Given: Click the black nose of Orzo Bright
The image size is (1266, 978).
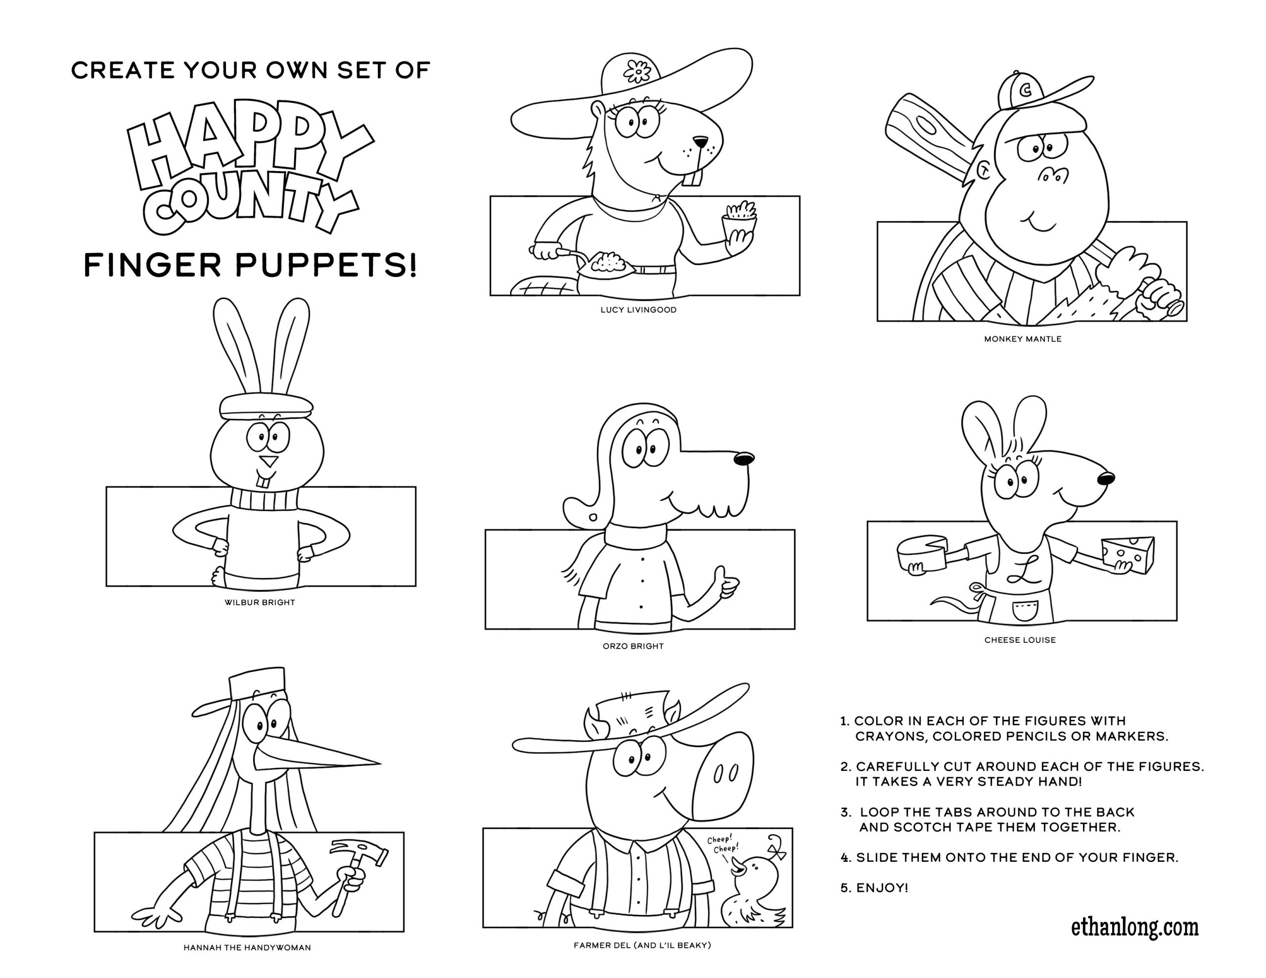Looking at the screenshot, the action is (744, 458).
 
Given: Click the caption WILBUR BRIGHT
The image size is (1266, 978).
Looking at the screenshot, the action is (260, 602).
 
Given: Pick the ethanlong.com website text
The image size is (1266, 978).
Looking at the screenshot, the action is (1134, 927).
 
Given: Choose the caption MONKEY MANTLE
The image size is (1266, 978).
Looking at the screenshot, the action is (1023, 339).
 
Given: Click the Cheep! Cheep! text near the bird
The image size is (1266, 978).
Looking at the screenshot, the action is (723, 844).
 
